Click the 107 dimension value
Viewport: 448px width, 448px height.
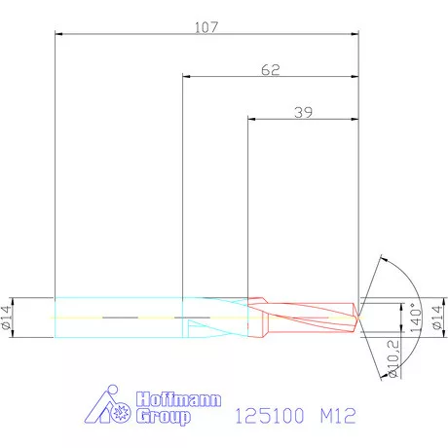205,27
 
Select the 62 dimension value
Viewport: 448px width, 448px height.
272,70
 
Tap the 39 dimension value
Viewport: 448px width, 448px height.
304,113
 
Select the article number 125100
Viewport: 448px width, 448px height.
271,416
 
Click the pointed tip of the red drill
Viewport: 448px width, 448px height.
358,316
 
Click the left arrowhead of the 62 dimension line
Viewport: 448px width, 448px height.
187,77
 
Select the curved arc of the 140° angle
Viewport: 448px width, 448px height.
410,282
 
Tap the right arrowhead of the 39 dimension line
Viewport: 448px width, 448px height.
355,120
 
